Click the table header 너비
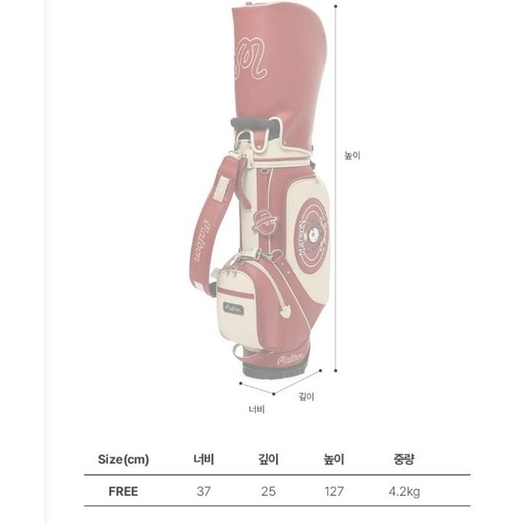coord(204,459)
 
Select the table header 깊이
coord(268,459)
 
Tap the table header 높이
coord(334,459)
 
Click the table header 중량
coord(404,459)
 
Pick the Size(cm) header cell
coord(123,459)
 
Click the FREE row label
coord(123,491)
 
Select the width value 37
coord(204,491)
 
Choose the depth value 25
coord(268,491)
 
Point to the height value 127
coord(334,491)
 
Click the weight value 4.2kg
coord(404,492)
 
